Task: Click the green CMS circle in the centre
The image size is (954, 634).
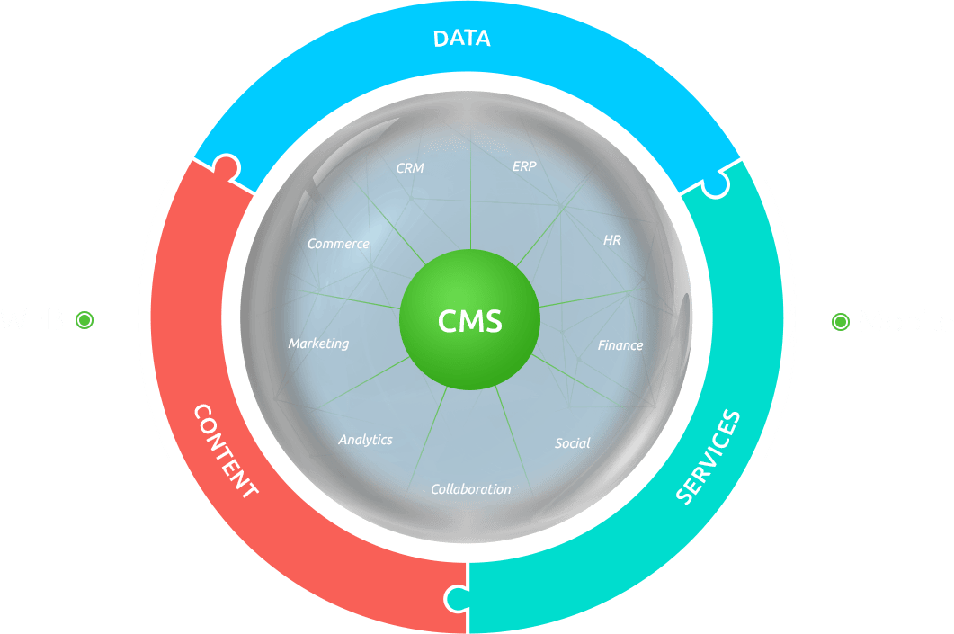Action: click(x=469, y=320)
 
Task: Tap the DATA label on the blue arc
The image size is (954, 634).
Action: click(x=461, y=39)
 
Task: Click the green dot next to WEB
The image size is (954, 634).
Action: click(x=85, y=319)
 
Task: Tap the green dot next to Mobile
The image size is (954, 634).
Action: click(x=840, y=320)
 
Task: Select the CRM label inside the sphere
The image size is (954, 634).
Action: click(x=409, y=167)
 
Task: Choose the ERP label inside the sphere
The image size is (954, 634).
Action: click(x=524, y=166)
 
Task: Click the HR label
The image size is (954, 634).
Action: click(x=612, y=240)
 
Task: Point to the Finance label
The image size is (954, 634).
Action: click(x=620, y=344)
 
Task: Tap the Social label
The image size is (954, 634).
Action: click(x=573, y=442)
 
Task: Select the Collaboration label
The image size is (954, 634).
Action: click(x=471, y=489)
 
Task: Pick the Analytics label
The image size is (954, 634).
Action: click(x=365, y=440)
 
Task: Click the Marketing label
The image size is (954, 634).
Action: click(x=318, y=344)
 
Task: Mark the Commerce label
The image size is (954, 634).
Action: click(x=338, y=244)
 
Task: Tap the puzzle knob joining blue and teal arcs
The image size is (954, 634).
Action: click(x=714, y=184)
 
